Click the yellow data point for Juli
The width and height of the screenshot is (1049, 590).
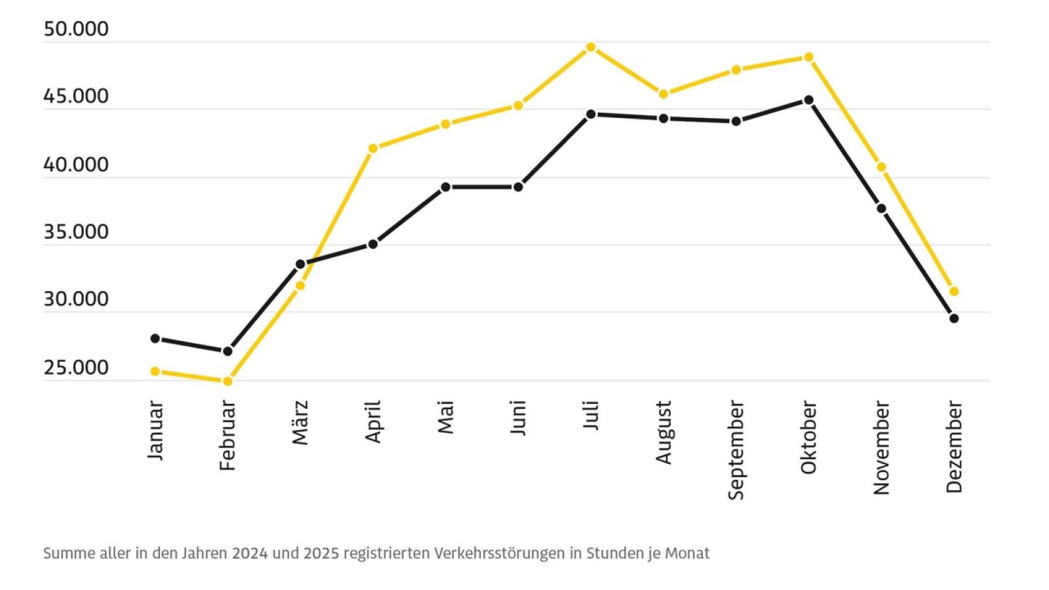click(x=591, y=47)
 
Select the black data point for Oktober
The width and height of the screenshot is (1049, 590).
click(x=808, y=100)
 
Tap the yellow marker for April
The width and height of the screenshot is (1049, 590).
click(x=373, y=148)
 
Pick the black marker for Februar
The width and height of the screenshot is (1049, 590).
click(x=228, y=351)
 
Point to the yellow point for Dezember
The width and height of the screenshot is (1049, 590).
click(x=954, y=291)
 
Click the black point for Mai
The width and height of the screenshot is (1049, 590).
click(x=445, y=187)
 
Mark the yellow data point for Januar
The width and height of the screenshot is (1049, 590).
click(x=155, y=371)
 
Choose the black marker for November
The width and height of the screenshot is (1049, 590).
click(x=881, y=208)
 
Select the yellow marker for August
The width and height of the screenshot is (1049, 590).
click(x=663, y=94)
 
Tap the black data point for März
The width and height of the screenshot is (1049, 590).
click(x=300, y=264)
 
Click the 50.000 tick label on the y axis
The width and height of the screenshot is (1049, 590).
click(x=75, y=29)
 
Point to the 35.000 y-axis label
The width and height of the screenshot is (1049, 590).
click(x=75, y=232)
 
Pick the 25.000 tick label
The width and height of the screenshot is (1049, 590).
click(x=75, y=368)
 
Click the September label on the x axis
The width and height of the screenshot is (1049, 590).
click(x=736, y=450)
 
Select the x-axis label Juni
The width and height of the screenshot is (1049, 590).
click(x=518, y=418)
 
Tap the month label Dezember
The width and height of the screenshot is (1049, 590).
click(x=954, y=447)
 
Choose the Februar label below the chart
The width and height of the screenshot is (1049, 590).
click(x=228, y=435)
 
